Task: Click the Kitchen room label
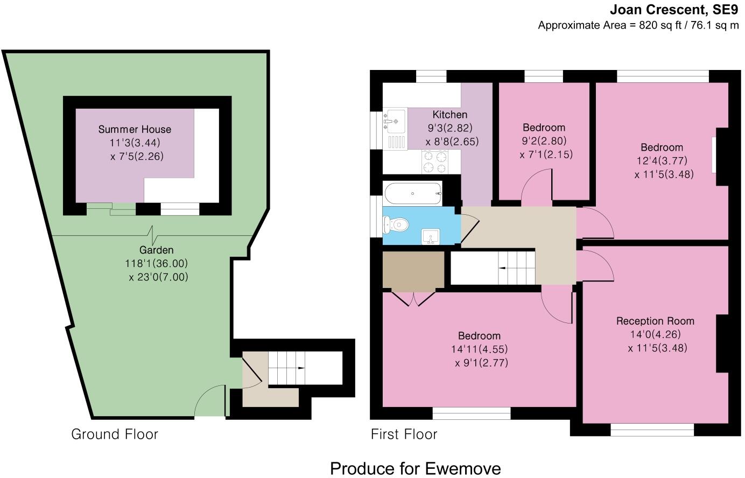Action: [x=450, y=115]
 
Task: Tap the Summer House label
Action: [x=135, y=129]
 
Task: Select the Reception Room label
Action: [x=655, y=321]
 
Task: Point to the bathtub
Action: [x=412, y=193]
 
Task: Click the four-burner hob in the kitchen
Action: [x=435, y=161]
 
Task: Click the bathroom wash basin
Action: [x=431, y=236]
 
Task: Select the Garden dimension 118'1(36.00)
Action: [x=156, y=264]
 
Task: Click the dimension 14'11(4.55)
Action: [x=479, y=349]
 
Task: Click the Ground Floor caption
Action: [x=115, y=434]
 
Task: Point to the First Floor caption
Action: [x=404, y=434]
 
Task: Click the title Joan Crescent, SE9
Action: [x=674, y=10]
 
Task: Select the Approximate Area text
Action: [x=638, y=25]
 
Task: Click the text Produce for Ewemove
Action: [x=415, y=468]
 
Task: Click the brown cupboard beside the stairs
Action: [x=413, y=270]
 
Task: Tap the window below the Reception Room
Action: [x=652, y=430]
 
